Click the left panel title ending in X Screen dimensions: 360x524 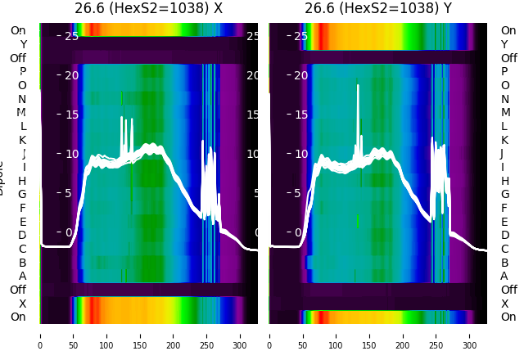point(148,9)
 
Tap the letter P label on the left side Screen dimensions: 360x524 point(22,72)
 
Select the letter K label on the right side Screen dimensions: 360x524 point(504,140)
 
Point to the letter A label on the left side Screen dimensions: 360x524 point(22,277)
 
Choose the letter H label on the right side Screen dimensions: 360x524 point(504,181)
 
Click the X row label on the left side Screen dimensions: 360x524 point(22,304)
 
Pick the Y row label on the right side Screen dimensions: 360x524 point(504,44)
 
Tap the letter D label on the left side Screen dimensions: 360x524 point(22,236)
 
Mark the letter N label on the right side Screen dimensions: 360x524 point(504,99)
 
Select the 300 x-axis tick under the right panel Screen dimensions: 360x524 point(470,335)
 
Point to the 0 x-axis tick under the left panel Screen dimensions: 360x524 point(40,335)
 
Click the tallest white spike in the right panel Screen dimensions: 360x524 point(358,86)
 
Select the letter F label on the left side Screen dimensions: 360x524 point(22,208)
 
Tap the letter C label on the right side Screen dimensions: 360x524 point(504,249)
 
